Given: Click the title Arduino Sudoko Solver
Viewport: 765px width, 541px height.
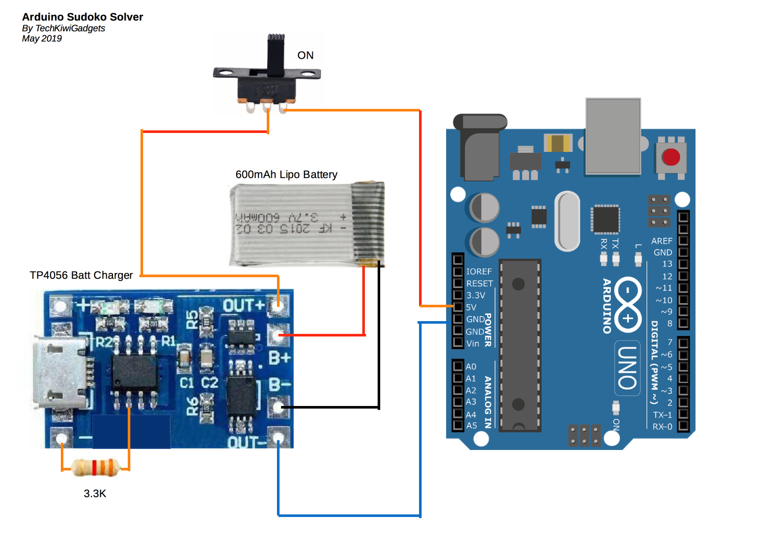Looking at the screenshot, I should [x=82, y=17].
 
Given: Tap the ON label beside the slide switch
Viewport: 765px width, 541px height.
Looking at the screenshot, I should [x=306, y=55].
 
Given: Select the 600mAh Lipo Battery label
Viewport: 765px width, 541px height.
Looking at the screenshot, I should [x=286, y=174].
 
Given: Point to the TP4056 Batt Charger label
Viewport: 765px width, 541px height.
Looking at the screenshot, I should [x=81, y=275].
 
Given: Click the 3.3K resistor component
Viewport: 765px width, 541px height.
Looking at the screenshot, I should [x=96, y=467].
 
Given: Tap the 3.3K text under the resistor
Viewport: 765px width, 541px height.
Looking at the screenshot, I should [x=95, y=493].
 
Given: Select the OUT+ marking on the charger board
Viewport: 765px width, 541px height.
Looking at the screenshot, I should [x=243, y=306].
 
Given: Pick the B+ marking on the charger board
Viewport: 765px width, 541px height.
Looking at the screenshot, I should [x=280, y=358].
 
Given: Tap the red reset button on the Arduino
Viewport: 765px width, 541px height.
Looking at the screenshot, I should [x=670, y=157].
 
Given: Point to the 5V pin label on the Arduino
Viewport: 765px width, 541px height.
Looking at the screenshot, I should [x=471, y=307].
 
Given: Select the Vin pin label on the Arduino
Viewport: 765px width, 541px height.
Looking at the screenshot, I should [x=473, y=344].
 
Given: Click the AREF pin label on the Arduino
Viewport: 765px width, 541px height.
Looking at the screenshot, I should [x=662, y=241].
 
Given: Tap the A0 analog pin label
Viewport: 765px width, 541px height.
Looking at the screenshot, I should [x=471, y=367].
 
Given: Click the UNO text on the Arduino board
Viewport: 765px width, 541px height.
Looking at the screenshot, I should [x=628, y=368].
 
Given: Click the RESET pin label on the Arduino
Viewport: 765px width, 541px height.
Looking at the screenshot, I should [x=479, y=283].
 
